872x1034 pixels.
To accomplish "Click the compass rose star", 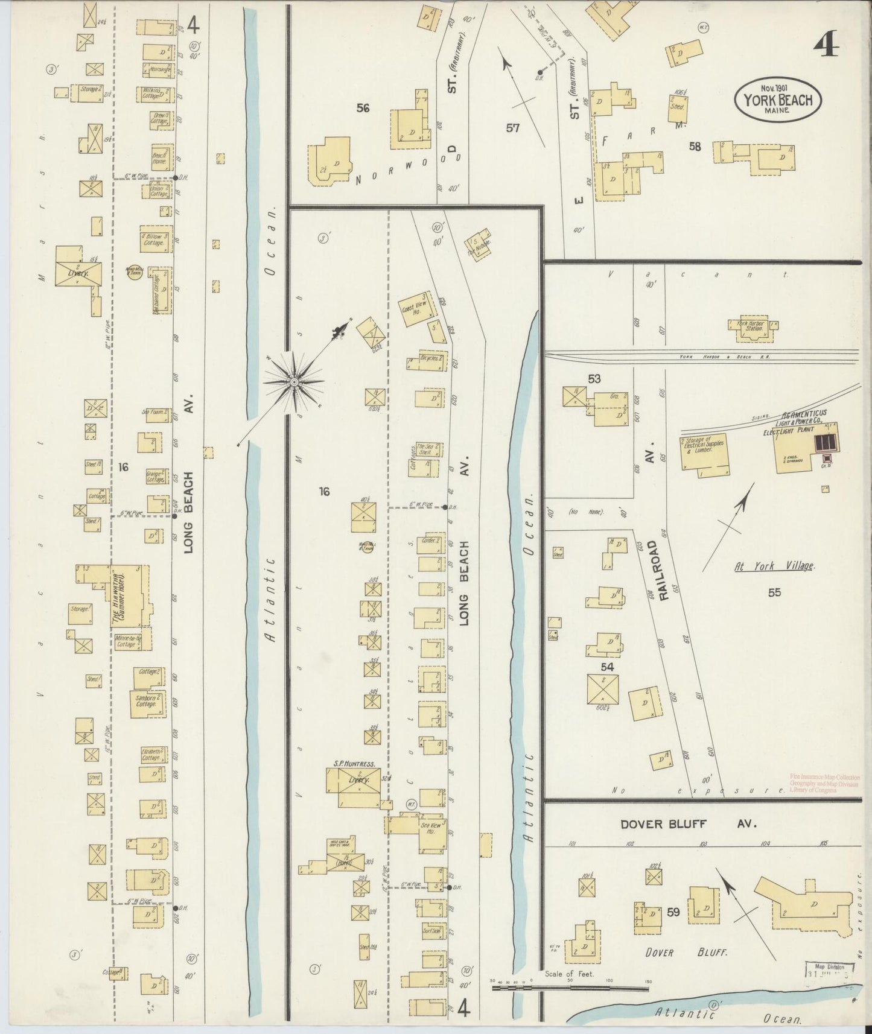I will [x=293, y=382].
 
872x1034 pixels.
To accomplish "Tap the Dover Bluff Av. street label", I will [x=688, y=824].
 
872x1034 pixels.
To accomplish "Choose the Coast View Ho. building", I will [x=415, y=311].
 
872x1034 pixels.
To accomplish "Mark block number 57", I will [x=513, y=128].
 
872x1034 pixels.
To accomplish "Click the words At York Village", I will [x=774, y=566].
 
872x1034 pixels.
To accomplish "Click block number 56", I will [x=363, y=109].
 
